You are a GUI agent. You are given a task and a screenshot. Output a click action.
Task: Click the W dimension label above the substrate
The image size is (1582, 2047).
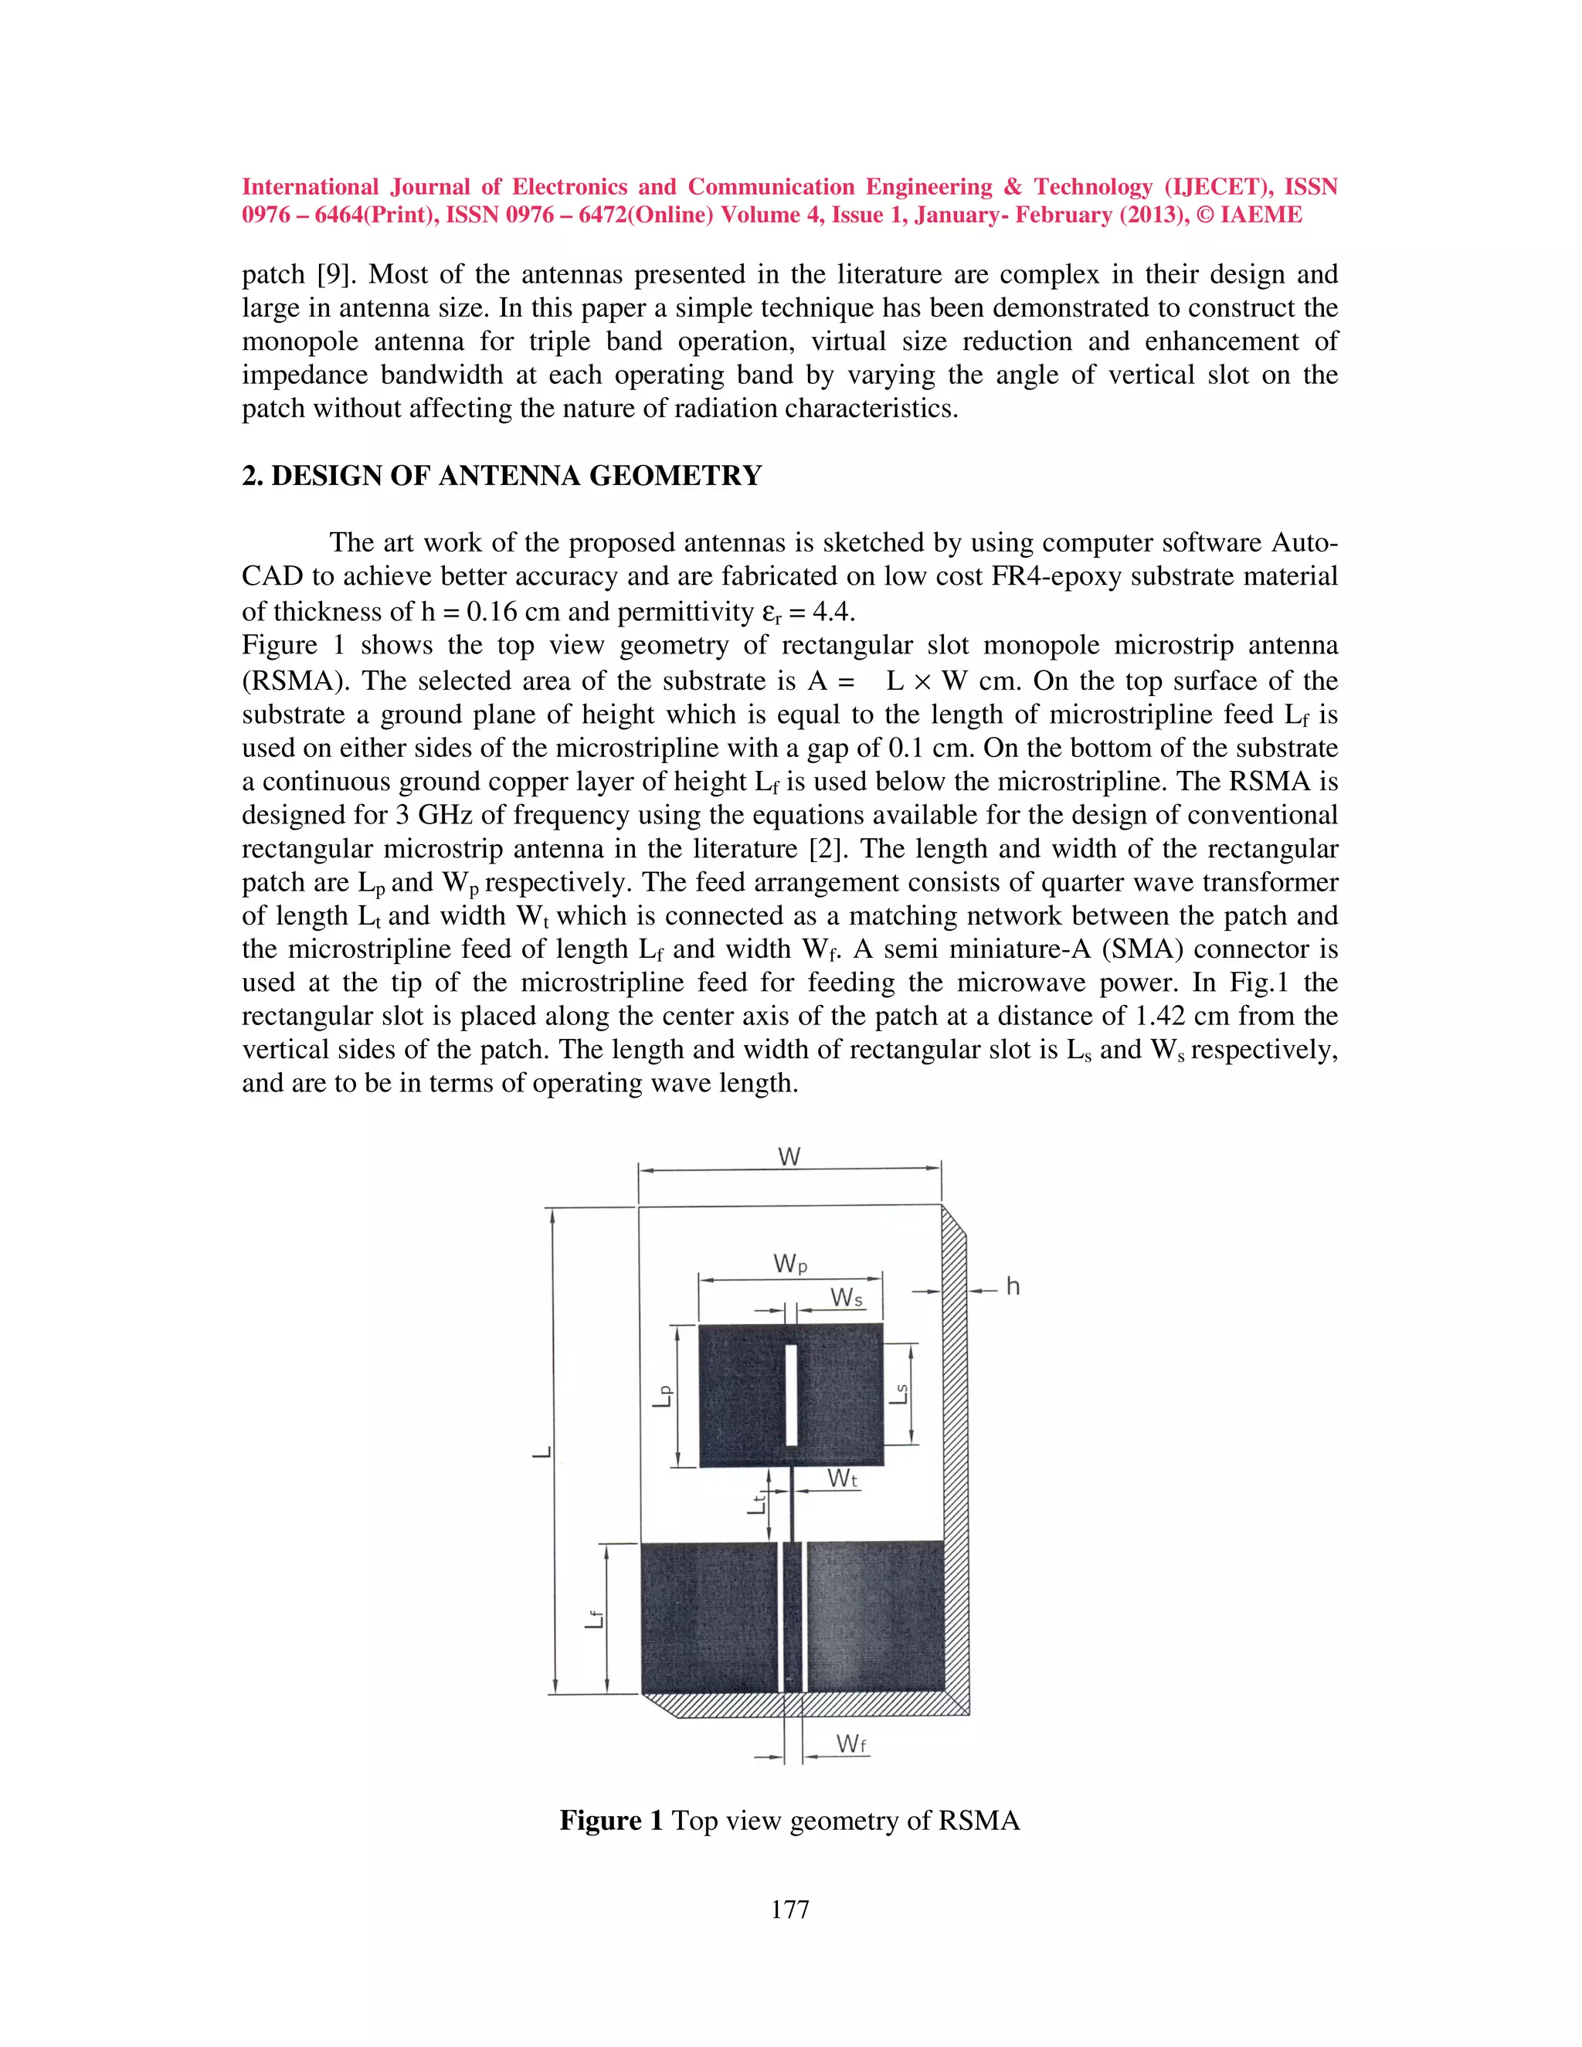pos(789,1158)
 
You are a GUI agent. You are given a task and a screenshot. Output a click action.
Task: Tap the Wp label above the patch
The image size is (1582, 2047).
pos(790,1265)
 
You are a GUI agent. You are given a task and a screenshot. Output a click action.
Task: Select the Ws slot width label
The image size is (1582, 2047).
pos(847,1298)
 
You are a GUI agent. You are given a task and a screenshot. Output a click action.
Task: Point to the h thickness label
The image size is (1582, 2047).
pos(1012,1287)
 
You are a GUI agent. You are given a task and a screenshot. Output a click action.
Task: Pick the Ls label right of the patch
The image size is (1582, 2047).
pos(899,1394)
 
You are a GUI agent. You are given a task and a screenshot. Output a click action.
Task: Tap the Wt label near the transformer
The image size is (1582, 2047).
pos(843,1479)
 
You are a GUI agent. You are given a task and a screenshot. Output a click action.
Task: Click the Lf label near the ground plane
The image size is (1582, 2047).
pos(594,1618)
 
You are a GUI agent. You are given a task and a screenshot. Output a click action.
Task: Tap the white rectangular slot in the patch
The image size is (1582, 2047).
pos(792,1396)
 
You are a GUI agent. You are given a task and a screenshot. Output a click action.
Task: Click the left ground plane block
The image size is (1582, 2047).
pos(709,1617)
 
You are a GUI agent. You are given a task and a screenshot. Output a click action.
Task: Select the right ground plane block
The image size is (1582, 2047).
pos(875,1617)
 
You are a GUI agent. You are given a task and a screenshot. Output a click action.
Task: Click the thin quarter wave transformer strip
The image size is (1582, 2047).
pos(793,1503)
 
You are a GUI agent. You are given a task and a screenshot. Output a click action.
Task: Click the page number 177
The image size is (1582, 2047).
pos(790,1910)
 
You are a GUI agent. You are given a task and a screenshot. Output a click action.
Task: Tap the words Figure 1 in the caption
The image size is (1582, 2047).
pos(611,1821)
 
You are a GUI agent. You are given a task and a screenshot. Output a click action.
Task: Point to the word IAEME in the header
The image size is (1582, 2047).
pos(1261,215)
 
